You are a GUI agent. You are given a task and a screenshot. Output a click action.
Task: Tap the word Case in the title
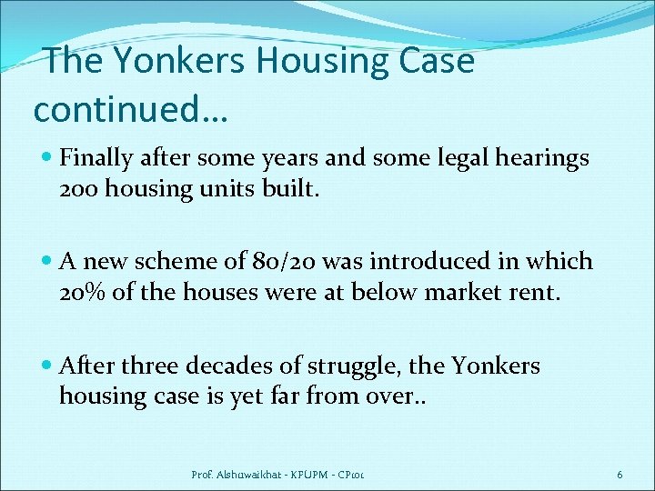436,62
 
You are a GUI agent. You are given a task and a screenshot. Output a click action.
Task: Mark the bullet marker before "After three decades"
46,366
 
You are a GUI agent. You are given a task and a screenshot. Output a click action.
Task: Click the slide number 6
619,474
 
